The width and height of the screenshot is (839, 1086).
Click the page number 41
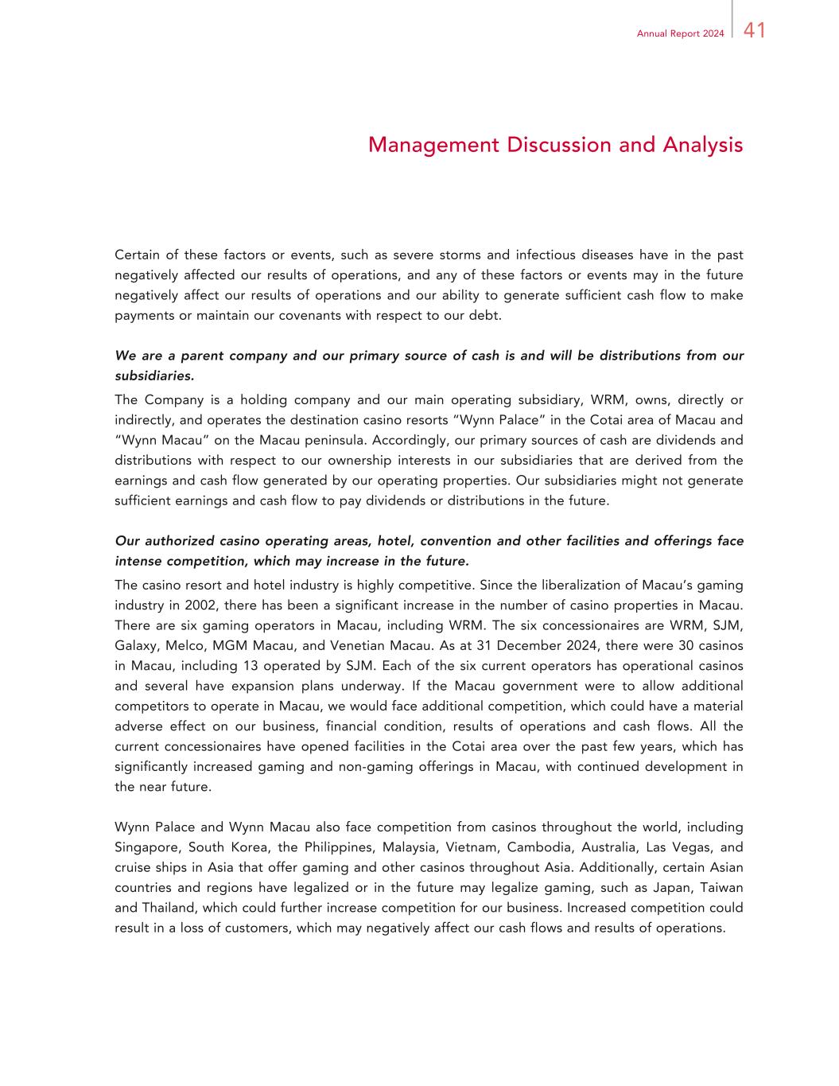pos(755,31)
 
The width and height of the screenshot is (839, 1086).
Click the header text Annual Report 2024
pos(680,33)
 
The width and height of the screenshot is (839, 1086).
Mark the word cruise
pos(133,867)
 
